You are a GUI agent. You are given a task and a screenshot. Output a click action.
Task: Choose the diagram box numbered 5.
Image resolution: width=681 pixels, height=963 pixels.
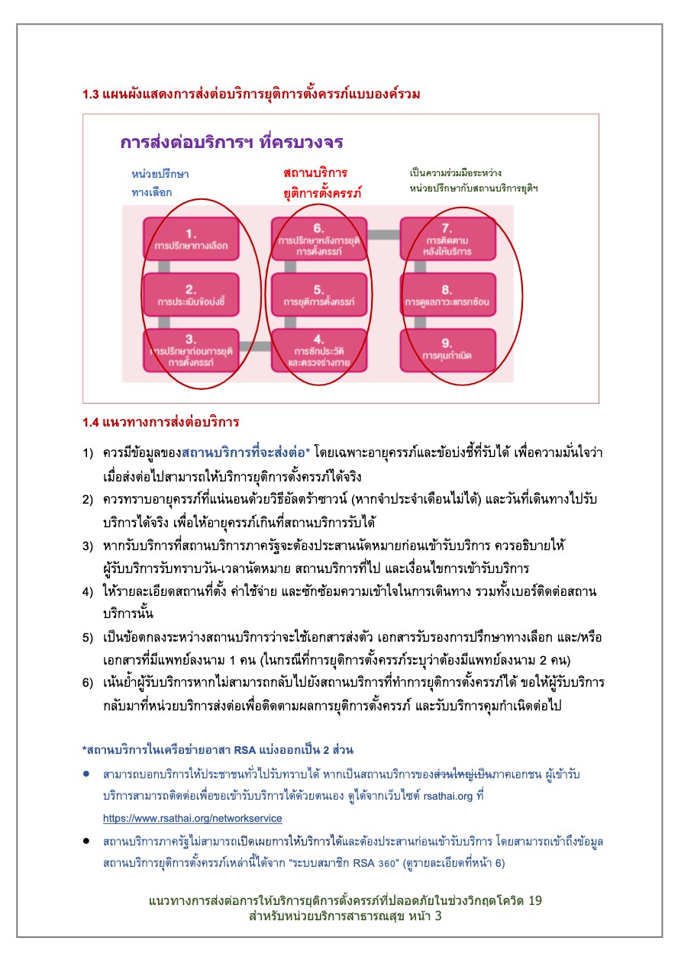319,294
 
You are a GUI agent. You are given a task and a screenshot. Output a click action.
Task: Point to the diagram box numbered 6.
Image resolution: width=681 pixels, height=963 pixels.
319,237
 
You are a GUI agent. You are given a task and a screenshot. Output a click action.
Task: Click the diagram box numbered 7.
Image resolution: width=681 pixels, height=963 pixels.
447,237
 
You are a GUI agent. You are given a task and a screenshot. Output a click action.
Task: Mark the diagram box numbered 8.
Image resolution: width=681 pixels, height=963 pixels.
447,294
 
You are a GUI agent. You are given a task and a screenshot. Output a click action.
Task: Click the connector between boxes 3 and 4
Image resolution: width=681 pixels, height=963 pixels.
255,346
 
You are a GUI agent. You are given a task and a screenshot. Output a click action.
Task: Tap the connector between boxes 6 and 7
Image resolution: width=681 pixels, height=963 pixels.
383,234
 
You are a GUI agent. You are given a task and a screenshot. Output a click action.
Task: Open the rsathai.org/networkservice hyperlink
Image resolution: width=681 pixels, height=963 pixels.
192,818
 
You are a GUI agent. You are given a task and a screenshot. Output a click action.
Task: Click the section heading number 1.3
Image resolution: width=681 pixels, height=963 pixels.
91,95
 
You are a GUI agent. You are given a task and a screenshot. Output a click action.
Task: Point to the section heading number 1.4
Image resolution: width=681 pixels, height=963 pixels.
91,421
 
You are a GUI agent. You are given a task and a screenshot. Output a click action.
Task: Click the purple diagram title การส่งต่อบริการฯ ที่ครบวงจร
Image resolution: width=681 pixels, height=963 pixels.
231,143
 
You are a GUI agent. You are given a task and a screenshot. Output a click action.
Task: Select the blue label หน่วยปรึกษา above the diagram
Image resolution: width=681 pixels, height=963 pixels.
160,174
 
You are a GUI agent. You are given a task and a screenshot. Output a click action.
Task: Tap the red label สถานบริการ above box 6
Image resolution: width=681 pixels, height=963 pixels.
315,172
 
